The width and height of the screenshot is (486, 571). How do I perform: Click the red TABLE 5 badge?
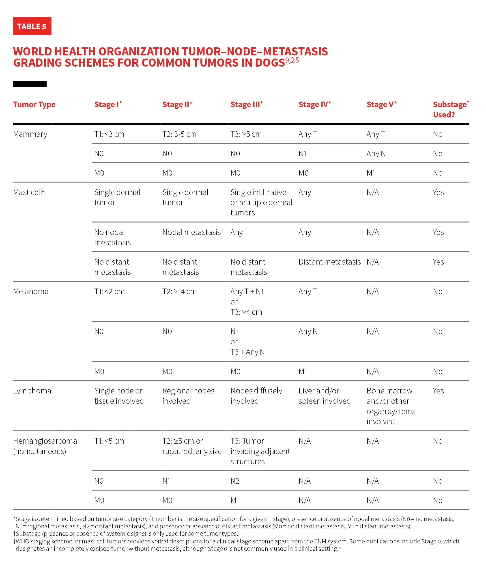coord(32,26)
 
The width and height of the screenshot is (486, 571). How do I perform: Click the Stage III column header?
coord(246,104)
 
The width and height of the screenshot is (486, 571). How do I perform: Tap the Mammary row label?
coord(30,134)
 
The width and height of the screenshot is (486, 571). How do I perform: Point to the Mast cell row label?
coord(28,192)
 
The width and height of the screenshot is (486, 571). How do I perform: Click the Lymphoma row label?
coord(32,391)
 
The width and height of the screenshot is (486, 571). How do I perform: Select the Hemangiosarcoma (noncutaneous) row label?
coord(45,446)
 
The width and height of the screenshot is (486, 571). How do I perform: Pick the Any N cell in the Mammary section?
coord(376,154)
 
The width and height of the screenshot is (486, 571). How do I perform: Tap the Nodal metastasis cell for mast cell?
coord(191,232)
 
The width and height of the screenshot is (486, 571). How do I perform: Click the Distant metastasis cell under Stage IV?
coord(329,262)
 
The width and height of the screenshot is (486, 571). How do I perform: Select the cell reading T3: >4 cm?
coord(246,312)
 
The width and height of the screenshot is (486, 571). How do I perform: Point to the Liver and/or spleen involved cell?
coord(324,396)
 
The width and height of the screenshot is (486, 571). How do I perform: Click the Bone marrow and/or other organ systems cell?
coord(391,406)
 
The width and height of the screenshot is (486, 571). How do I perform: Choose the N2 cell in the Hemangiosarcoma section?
coord(235,481)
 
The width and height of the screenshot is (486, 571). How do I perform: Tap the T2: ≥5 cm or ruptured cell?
coord(192,446)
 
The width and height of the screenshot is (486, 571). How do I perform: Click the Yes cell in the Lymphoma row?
coord(438,391)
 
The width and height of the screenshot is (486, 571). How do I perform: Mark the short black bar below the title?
coord(30,84)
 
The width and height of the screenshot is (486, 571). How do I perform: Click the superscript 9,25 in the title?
coord(292,60)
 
